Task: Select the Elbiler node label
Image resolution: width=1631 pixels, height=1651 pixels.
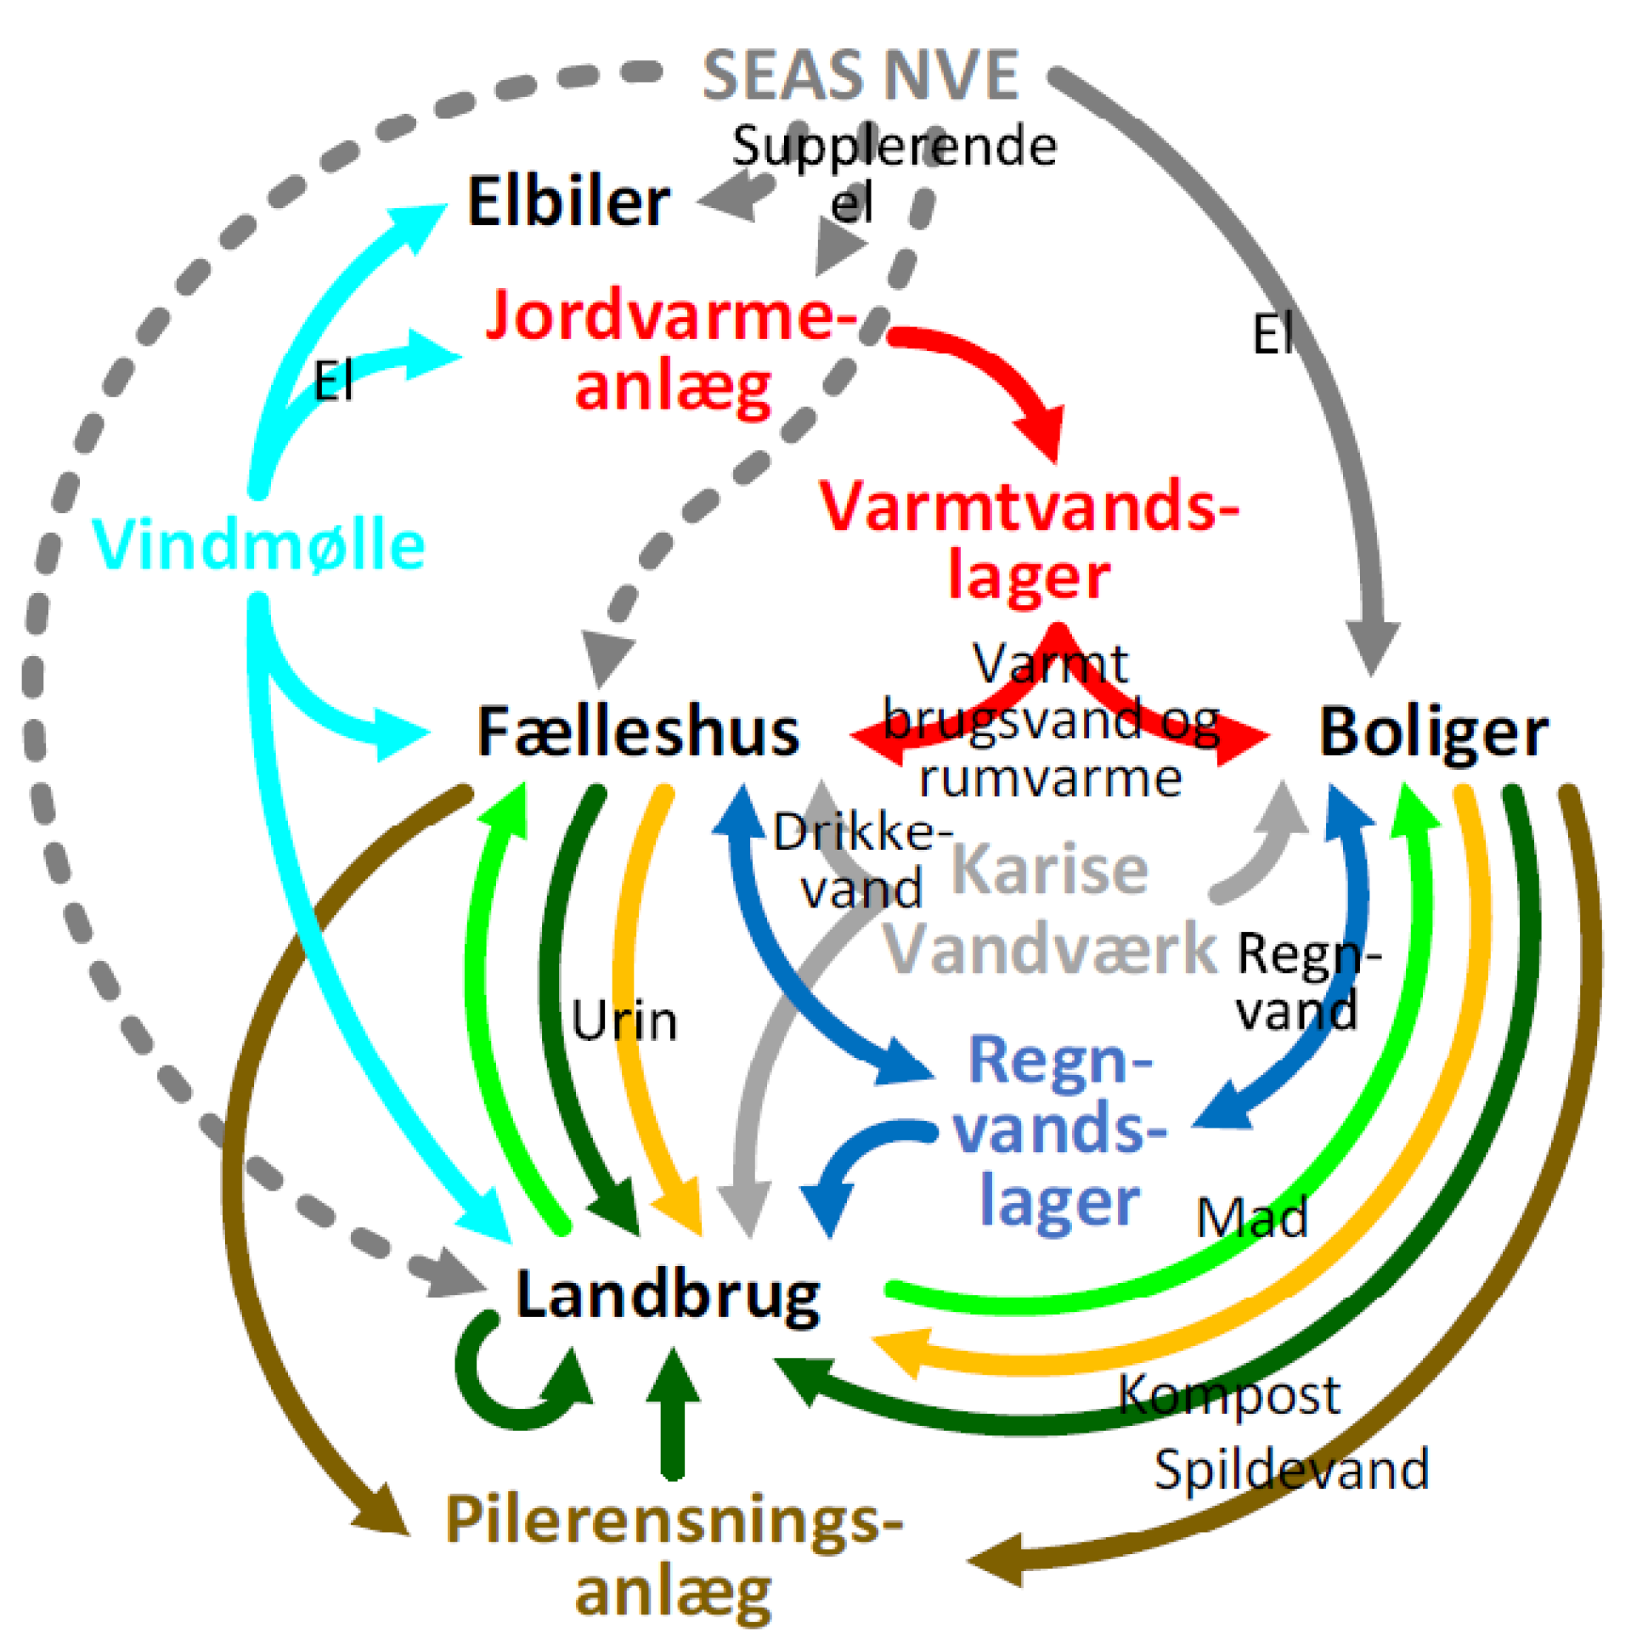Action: tap(568, 202)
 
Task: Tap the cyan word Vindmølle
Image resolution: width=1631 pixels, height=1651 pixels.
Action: tap(258, 546)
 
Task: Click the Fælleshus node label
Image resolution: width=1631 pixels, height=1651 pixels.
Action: tap(637, 732)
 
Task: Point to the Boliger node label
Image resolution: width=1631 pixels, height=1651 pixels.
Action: tap(1434, 732)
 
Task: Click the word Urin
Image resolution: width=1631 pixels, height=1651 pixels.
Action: tap(624, 1021)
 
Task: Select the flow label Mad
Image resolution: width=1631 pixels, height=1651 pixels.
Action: tap(1251, 1217)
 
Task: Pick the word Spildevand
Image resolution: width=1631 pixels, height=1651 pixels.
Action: tap(1291, 1470)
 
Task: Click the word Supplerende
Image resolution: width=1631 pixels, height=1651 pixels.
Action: tap(894, 147)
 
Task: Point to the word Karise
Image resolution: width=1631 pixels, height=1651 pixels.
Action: tap(1049, 870)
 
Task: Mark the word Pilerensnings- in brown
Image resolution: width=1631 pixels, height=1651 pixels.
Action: tap(674, 1521)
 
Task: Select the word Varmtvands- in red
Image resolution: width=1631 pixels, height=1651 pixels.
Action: tap(1029, 507)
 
